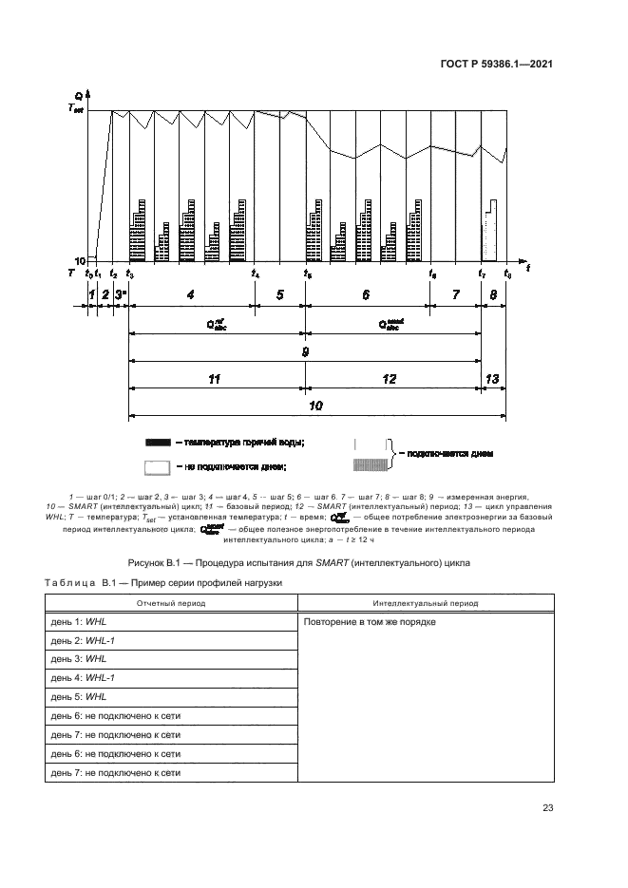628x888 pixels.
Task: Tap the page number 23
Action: pyautogui.click(x=547, y=808)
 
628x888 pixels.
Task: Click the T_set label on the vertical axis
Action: pyautogui.click(x=75, y=109)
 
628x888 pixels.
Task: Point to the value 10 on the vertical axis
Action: pyautogui.click(x=79, y=260)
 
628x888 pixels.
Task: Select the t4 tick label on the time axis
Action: pyautogui.click(x=256, y=274)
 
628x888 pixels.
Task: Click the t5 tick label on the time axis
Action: pyautogui.click(x=307, y=274)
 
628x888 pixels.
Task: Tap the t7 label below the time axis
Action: pyautogui.click(x=483, y=274)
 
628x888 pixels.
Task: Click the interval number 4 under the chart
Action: pyautogui.click(x=191, y=295)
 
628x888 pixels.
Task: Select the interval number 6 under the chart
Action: pyautogui.click(x=366, y=295)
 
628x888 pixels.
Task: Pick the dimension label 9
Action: pyautogui.click(x=305, y=351)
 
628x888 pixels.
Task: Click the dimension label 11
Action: pyautogui.click(x=215, y=378)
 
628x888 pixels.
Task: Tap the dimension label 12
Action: pyautogui.click(x=390, y=378)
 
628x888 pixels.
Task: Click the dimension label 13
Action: pyautogui.click(x=492, y=378)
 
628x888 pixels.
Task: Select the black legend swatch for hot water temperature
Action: pyautogui.click(x=157, y=443)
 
